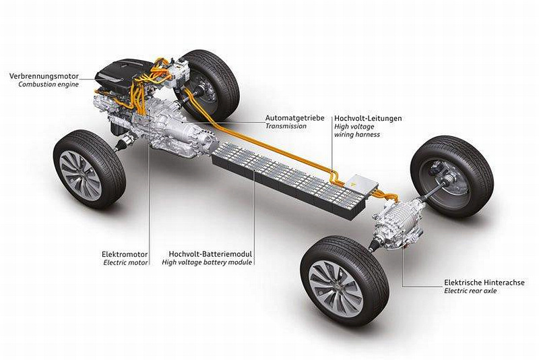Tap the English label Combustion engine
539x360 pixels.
[44, 84]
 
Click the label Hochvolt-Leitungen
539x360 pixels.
[368, 118]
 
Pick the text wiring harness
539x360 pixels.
[356, 134]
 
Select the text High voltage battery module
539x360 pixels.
[208, 263]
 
